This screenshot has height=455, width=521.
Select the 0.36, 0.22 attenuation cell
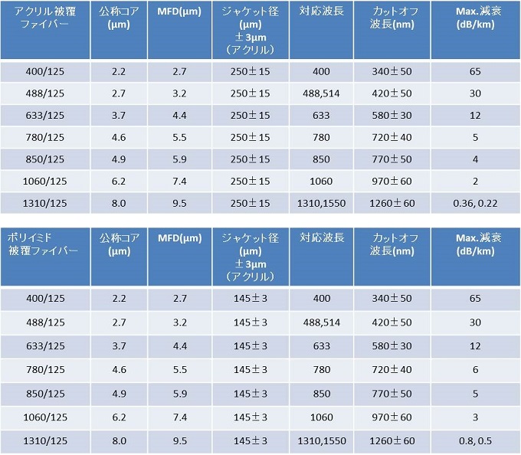(x=475, y=204)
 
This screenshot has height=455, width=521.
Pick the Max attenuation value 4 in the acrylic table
(x=475, y=159)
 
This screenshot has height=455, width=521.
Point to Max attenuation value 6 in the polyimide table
(x=475, y=369)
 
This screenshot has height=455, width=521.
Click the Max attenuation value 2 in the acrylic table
(x=475, y=182)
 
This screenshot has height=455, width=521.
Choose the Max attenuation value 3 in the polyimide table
(x=475, y=417)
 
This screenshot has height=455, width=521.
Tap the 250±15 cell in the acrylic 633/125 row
(x=251, y=115)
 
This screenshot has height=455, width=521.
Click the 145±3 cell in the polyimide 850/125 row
(x=251, y=393)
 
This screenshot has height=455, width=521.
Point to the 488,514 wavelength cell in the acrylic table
(x=321, y=93)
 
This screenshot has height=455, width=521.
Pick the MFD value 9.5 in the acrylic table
(x=179, y=204)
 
